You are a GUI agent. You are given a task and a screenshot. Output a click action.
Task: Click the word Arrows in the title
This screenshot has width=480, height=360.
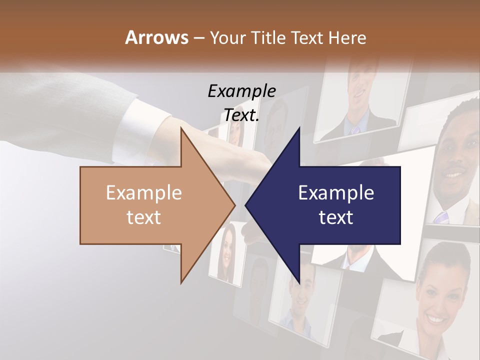pos(156,37)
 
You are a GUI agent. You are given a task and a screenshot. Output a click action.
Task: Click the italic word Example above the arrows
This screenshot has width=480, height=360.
pos(241,91)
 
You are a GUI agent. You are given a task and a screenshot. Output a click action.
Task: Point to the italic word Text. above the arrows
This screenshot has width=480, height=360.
pos(241,115)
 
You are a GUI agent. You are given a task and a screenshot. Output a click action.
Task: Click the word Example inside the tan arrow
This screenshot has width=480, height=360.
pos(143,193)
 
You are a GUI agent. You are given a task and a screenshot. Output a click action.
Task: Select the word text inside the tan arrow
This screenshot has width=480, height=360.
pos(143,217)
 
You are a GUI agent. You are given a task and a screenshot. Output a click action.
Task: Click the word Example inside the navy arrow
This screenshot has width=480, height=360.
pos(336,193)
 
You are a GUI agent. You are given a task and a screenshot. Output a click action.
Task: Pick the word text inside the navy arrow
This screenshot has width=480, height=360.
pos(336,217)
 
